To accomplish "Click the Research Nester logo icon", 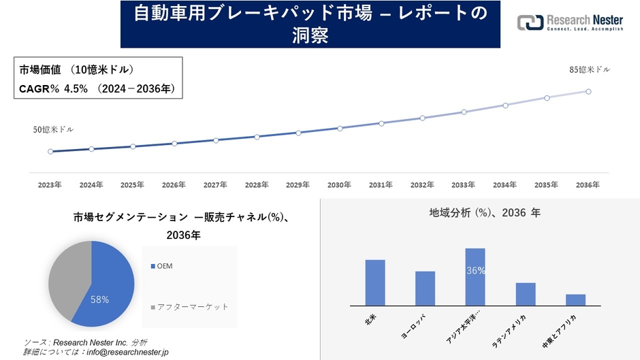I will [x=530, y=22].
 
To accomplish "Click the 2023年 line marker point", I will [x=50, y=152].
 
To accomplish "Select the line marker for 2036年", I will [x=588, y=91].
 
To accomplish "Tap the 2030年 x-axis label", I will [x=339, y=185].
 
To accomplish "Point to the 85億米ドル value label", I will [x=590, y=69].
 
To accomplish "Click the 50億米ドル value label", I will [x=53, y=129].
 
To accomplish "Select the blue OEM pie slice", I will [x=109, y=286].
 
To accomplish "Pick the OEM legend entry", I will [x=164, y=266].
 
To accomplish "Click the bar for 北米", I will [x=375, y=282].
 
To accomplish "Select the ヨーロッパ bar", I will [x=425, y=289].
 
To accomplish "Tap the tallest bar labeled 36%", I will [x=475, y=277].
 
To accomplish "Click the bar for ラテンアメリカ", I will [x=526, y=294].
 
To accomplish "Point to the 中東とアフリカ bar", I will [x=575, y=299].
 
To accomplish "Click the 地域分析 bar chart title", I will [x=485, y=213].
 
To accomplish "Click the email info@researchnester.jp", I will [x=125, y=352].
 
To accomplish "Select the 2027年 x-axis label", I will [x=215, y=185].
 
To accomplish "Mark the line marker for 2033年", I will [x=464, y=112].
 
